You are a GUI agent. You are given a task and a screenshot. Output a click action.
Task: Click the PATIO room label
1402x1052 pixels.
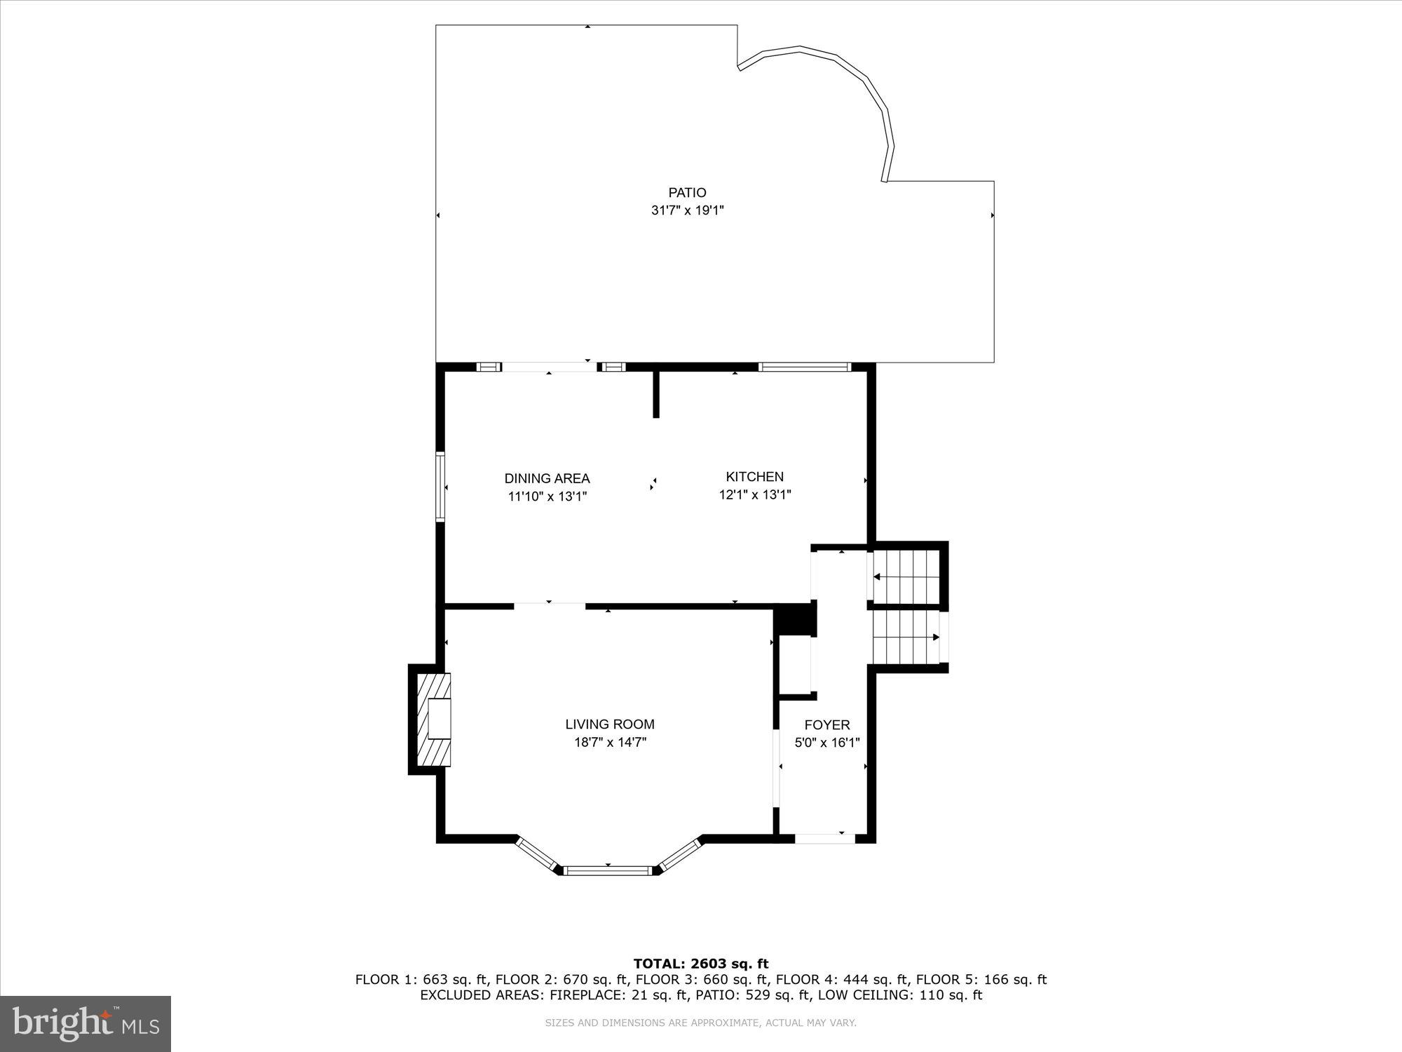coord(686,192)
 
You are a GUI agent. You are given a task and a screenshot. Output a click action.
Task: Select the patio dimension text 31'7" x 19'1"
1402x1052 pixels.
coord(686,210)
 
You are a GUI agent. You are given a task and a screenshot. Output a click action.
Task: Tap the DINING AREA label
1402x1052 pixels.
coord(547,478)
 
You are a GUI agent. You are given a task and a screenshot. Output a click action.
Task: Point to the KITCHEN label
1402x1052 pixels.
coord(754,477)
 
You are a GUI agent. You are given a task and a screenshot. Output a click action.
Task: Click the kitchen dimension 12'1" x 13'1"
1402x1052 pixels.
coord(754,495)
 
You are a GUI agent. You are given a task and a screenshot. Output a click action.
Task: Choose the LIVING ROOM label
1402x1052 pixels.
coord(610,724)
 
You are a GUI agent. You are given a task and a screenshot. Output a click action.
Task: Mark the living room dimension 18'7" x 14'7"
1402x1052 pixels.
coord(610,743)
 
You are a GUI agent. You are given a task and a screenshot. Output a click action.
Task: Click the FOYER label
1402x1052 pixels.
coord(826,725)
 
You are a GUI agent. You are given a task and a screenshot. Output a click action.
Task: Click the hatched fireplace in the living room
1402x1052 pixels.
coord(433,720)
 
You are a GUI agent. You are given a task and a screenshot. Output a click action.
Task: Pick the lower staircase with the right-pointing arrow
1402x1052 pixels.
coord(906,637)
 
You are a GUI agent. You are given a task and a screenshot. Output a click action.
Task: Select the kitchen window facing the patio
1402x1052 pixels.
coord(804,366)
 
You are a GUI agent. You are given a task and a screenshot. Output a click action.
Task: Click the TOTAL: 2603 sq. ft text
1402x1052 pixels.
coord(700,964)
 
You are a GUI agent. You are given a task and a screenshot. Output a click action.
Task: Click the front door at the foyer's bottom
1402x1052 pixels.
coord(824,838)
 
